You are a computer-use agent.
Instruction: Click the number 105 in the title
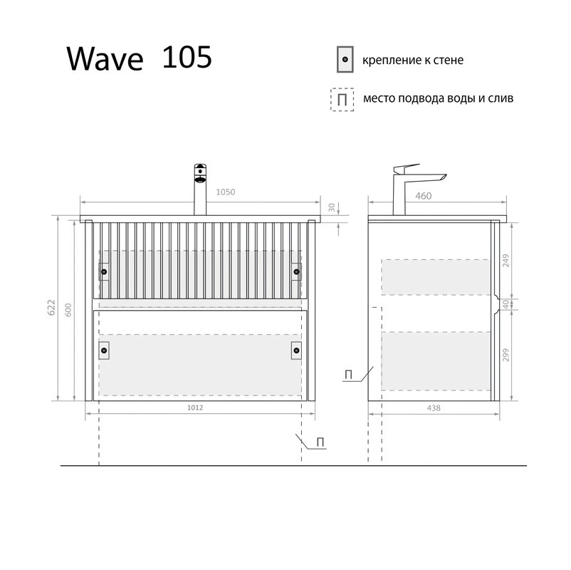[x=187, y=58]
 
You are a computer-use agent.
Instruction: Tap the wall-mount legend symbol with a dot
[x=345, y=61]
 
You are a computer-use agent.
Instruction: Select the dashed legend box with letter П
[x=343, y=99]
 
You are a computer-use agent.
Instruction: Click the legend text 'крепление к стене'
[x=412, y=61]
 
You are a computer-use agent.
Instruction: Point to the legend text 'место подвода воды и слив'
[x=437, y=99]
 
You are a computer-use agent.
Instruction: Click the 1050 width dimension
[x=225, y=192]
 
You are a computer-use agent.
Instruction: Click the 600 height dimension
[x=68, y=311]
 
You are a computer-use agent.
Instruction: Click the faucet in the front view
[x=201, y=189]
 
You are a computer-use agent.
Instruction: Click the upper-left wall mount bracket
[x=104, y=271]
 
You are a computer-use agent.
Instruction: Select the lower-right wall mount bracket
[x=295, y=349]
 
